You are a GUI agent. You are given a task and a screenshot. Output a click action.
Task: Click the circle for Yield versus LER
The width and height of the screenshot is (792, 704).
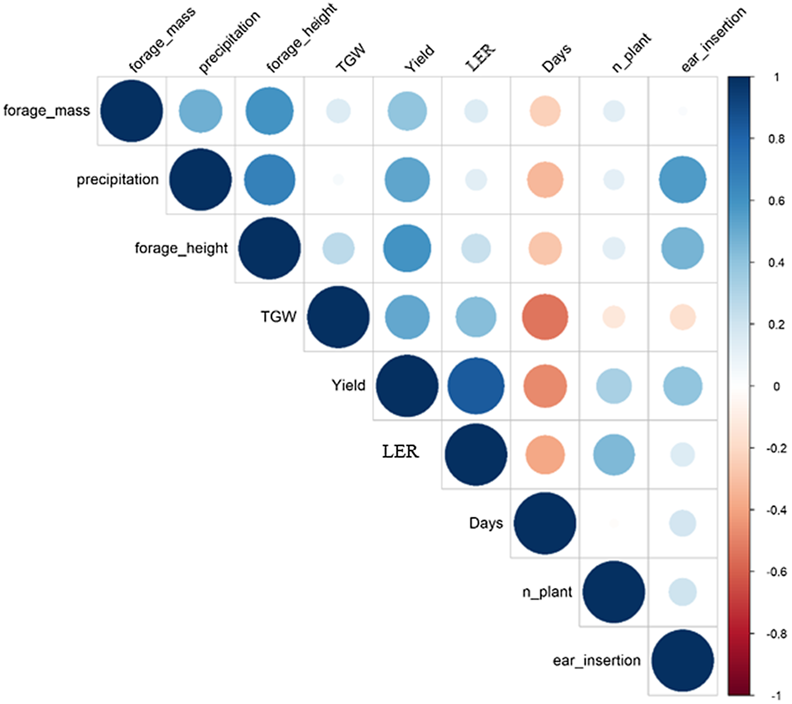(x=476, y=386)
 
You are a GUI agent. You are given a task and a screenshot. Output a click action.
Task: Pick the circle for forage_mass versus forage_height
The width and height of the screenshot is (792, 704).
(x=269, y=111)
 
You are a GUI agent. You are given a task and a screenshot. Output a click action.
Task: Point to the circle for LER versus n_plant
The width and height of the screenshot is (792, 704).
(x=614, y=455)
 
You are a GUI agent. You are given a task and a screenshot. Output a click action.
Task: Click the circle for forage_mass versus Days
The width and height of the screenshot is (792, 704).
(x=545, y=111)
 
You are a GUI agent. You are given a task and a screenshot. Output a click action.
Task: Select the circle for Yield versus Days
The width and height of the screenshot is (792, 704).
(x=545, y=386)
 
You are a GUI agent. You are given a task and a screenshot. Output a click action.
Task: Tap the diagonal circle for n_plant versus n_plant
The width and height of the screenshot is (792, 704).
(x=614, y=592)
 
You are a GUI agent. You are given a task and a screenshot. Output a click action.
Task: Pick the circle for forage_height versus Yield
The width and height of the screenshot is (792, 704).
(x=407, y=248)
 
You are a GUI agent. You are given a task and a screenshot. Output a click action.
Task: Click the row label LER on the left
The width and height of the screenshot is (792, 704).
(x=400, y=451)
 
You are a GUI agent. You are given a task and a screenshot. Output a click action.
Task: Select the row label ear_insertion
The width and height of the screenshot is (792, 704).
(x=597, y=661)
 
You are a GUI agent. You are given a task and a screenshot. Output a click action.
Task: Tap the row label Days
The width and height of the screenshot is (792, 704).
(x=486, y=524)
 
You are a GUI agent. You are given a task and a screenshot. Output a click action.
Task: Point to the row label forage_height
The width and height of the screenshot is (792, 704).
(x=181, y=248)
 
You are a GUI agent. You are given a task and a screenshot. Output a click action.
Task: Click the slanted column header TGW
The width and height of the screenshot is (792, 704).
(x=351, y=58)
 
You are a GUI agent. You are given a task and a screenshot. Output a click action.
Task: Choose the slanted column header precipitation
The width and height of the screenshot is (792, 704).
(x=229, y=42)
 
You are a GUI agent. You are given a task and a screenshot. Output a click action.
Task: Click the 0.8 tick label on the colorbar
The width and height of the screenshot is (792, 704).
(x=776, y=139)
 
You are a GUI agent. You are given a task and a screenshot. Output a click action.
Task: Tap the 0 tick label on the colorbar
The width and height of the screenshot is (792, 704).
(x=776, y=386)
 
